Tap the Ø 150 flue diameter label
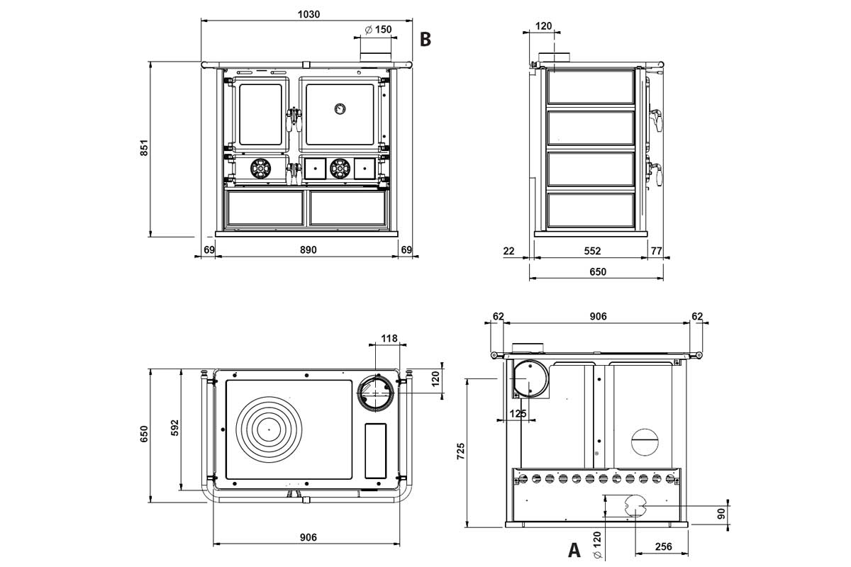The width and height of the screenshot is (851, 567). [x=378, y=30]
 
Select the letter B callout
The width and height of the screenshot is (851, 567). [x=425, y=39]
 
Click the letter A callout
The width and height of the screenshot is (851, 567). [x=574, y=549]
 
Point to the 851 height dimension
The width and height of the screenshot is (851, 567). [x=144, y=148]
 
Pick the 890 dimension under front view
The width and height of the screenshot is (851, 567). [x=306, y=249]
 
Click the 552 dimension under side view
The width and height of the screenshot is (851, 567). [x=592, y=250]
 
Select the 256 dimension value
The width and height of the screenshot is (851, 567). [x=663, y=546]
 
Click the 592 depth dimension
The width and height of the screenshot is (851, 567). [x=176, y=429]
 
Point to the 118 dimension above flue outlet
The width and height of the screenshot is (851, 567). [x=389, y=339]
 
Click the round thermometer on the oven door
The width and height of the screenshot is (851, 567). [x=340, y=108]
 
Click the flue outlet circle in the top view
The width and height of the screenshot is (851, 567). [x=374, y=391]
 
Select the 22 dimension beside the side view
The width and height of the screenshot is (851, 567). [x=508, y=250]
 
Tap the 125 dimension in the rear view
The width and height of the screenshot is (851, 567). [x=518, y=413]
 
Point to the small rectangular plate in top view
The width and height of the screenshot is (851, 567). [x=375, y=450]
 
